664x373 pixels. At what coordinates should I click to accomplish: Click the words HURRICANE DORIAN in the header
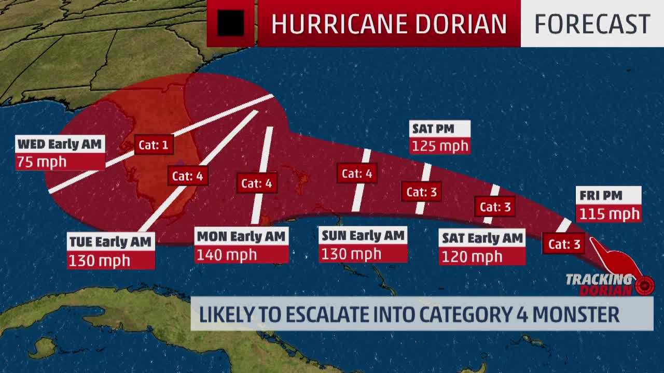tap(389, 24)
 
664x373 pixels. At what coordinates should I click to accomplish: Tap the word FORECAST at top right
tap(592, 24)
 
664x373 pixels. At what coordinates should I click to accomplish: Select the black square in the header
tap(230, 23)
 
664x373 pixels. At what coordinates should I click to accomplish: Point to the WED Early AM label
tap(60, 144)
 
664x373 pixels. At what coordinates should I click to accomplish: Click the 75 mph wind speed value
tap(41, 162)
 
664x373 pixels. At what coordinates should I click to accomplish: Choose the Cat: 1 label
tap(154, 145)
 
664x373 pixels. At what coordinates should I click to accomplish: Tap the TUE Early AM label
tap(110, 241)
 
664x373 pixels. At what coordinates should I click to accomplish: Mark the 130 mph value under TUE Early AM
tap(99, 260)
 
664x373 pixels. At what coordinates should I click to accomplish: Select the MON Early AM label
tap(241, 237)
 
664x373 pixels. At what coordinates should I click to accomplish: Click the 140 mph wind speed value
tap(226, 255)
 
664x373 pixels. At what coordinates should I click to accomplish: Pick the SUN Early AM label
tap(363, 236)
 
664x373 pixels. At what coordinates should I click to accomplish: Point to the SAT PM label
tap(433, 128)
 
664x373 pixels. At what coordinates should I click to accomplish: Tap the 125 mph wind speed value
tap(440, 146)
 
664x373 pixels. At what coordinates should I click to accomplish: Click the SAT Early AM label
tap(482, 238)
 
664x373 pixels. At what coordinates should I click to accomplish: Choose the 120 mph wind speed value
tap(472, 256)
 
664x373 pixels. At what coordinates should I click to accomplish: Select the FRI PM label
tap(601, 196)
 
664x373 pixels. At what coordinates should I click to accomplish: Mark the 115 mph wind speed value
tap(609, 213)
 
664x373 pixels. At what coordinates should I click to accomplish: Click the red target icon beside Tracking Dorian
tap(645, 285)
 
